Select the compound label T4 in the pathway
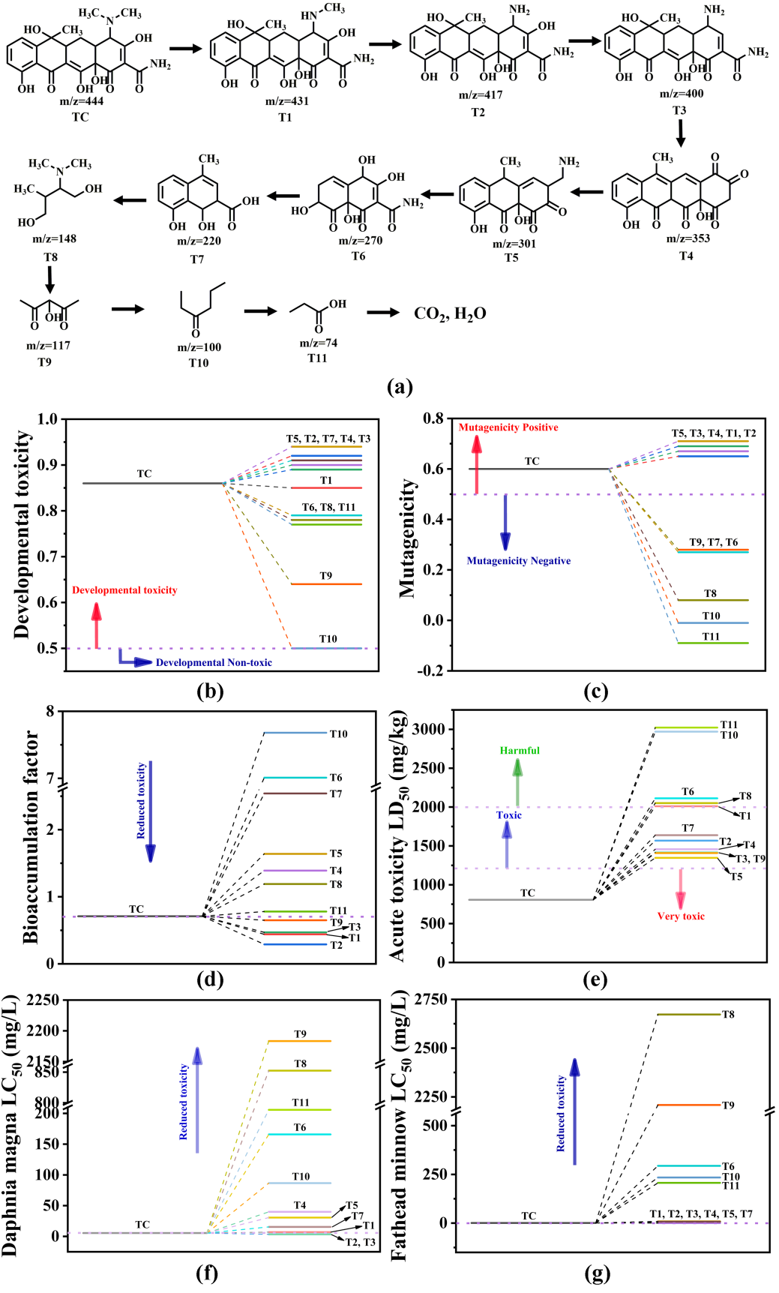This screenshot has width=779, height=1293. pos(685,256)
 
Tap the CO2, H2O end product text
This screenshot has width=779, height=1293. pos(450,313)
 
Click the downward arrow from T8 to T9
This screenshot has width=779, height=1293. pos(50,278)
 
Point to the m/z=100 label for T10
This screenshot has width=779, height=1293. pos(199,347)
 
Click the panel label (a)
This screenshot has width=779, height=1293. pos(399,387)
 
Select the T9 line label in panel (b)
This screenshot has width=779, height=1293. pos(325,576)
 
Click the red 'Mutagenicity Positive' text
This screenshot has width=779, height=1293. pos(508,427)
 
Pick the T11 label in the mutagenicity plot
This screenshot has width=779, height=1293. pos(711,637)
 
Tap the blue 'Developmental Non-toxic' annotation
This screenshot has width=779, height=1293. pos(214,662)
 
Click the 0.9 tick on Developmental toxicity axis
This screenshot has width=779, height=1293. pos(48,465)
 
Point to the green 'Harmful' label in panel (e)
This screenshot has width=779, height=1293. pos(520,751)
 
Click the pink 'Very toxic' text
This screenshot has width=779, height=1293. pos(681,916)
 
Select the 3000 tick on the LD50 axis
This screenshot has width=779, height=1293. pos(430,729)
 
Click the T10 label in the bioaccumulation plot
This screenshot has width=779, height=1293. pos(339,734)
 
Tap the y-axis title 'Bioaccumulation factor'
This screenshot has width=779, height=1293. pos(31,836)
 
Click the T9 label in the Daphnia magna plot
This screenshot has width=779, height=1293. pos(300,1034)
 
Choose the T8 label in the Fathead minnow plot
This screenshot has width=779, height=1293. pos(728,1015)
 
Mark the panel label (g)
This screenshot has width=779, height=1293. pos(596,1273)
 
